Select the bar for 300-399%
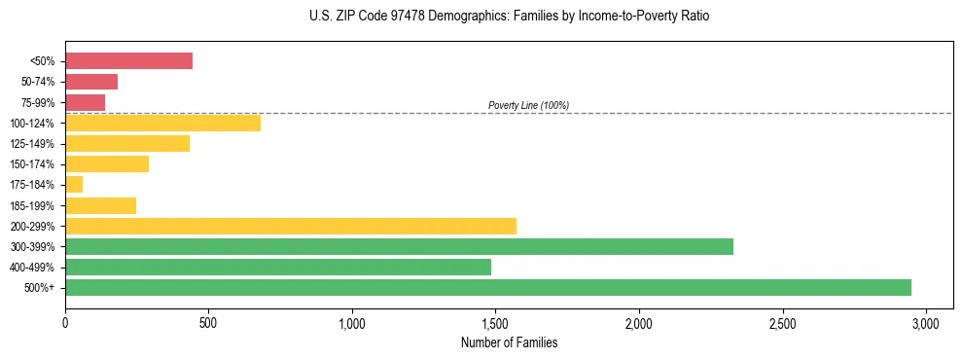(399, 246)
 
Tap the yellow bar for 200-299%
(291, 226)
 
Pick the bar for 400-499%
(278, 267)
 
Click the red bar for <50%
(128, 61)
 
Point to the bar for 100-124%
(162, 123)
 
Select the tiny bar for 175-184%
(74, 184)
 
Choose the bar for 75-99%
(85, 102)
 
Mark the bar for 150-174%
(107, 163)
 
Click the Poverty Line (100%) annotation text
(528, 105)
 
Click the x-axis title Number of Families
(509, 342)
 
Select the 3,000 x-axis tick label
(926, 322)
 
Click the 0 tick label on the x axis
(65, 322)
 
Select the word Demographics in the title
(455, 17)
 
